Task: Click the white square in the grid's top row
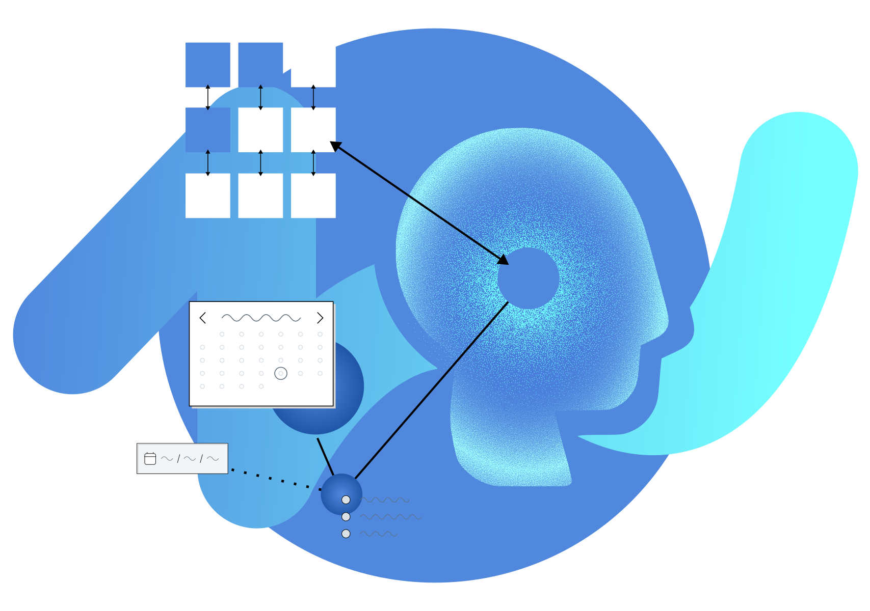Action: [x=313, y=64]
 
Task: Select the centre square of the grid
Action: [x=260, y=129]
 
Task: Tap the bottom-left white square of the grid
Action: [x=207, y=196]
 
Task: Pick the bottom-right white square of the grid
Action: [x=313, y=196]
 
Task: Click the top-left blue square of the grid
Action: [x=207, y=64]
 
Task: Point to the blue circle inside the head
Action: [x=528, y=279]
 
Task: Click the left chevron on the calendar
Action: [x=202, y=318]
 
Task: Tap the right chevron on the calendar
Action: [x=320, y=318]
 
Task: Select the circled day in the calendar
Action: [x=281, y=373]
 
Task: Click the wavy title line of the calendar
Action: [x=261, y=318]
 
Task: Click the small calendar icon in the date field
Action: [x=150, y=459]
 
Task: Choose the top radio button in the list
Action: [x=346, y=500]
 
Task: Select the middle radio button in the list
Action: [x=346, y=517]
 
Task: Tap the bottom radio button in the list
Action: [x=346, y=534]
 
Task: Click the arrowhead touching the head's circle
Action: [x=504, y=260]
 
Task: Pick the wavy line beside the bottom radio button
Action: [x=379, y=534]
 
